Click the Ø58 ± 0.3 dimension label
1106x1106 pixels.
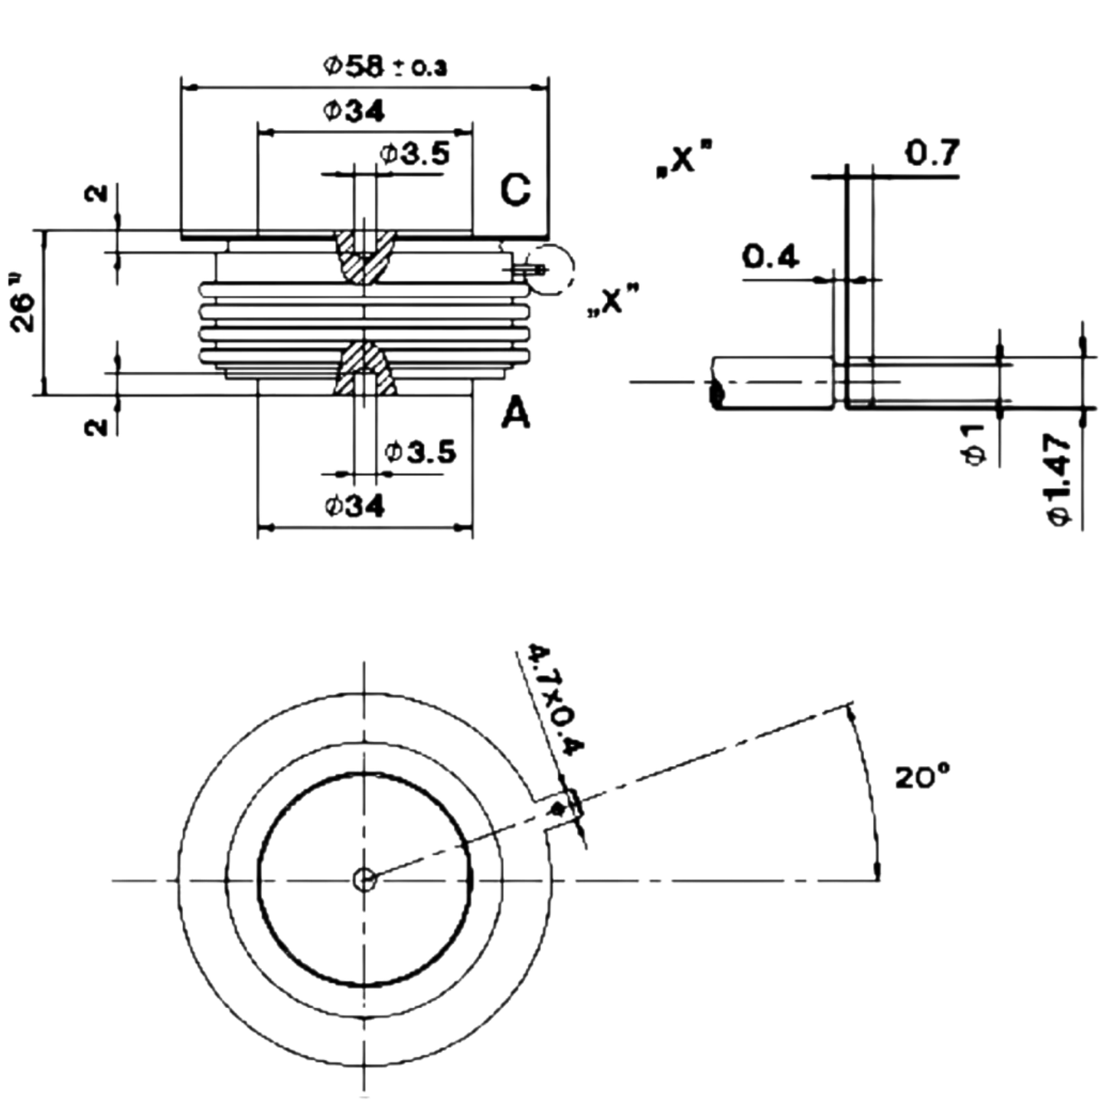[385, 66]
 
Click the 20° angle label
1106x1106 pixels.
[922, 777]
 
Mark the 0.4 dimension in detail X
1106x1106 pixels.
[770, 256]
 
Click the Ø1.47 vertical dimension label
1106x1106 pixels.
[1058, 479]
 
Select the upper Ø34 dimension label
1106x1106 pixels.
[354, 111]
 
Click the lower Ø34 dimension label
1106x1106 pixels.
[354, 506]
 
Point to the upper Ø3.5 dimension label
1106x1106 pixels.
[414, 154]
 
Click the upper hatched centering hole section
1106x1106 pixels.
[365, 256]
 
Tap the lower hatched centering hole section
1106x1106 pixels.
[365, 368]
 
